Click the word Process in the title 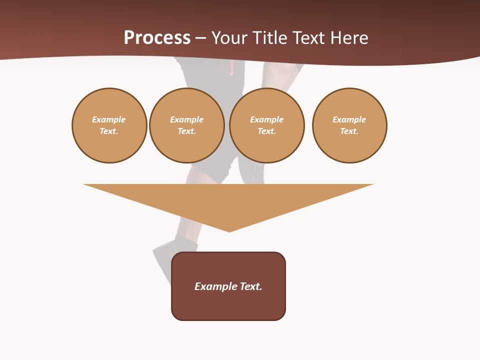coord(157,38)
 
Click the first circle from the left coord(109,125)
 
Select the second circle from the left coord(186,125)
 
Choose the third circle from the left coord(266,125)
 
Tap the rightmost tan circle coord(349,125)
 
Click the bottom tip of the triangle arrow coord(229,231)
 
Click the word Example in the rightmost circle coord(349,119)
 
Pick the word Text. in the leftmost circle coord(109,131)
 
